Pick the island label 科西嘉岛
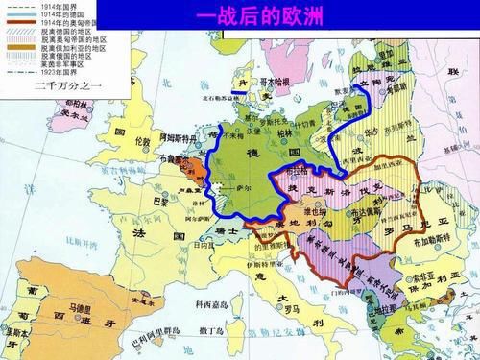[204, 304]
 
